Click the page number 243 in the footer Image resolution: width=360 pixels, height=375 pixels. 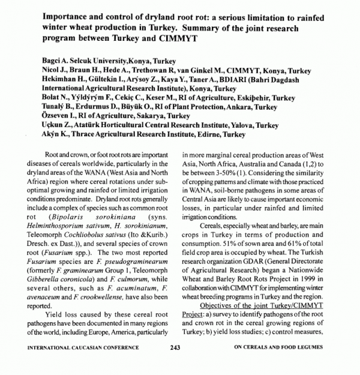175,347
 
